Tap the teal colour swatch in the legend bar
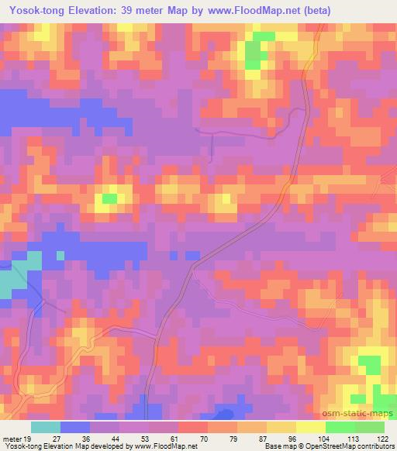(x=46, y=427)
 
